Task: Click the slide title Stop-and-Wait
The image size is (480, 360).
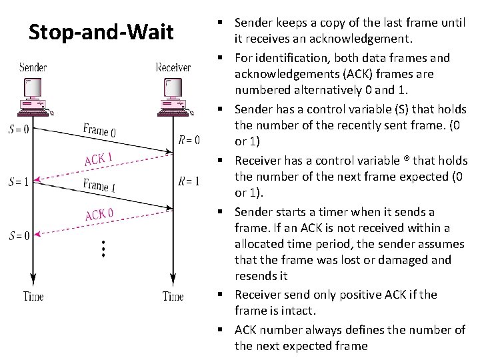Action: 101,32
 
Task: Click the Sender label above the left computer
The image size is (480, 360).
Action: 33,67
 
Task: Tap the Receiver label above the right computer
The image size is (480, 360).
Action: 173,67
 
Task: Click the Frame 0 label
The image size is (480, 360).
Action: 99,130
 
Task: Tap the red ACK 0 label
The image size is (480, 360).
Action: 99,215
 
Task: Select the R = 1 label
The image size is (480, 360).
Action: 189,181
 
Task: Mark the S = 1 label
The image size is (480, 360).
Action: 19,181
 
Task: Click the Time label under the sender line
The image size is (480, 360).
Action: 33,296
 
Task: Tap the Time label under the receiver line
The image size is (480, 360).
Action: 173,296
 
